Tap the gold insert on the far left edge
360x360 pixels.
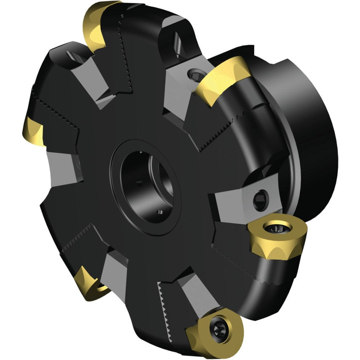33,130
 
